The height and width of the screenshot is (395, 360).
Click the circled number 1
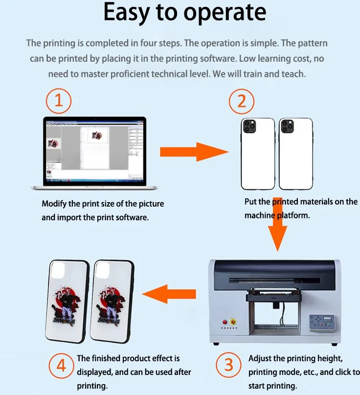(59, 102)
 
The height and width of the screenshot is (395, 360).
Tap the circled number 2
(242, 102)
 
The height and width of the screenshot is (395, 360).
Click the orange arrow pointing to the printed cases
(169, 294)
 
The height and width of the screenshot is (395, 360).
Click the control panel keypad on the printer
(320, 321)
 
